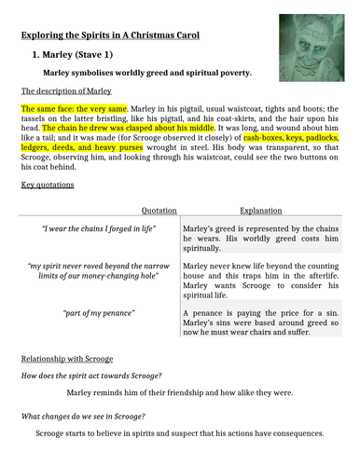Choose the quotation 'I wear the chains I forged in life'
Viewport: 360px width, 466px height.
click(99, 228)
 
